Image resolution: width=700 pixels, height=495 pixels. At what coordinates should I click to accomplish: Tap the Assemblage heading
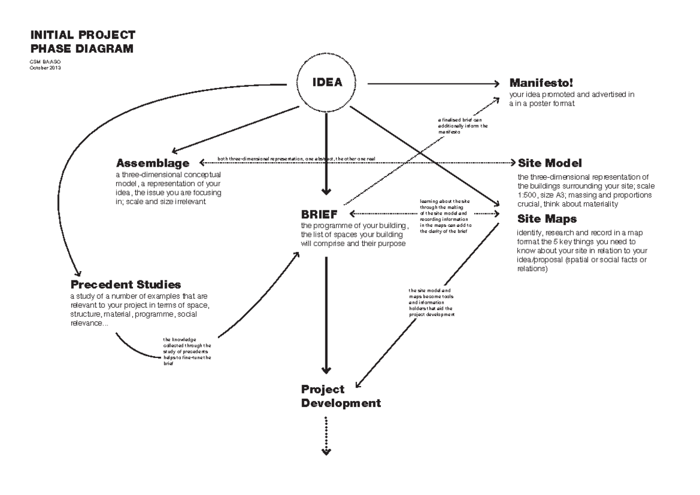click(153, 163)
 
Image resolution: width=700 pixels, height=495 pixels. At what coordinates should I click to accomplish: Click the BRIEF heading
click(319, 215)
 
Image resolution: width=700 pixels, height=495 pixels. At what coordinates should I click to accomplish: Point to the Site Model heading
click(549, 163)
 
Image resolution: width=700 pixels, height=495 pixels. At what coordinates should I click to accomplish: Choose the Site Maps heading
click(547, 219)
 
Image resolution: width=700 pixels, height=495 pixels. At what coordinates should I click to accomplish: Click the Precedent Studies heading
click(125, 285)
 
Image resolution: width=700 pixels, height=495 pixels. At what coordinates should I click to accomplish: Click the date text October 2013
click(45, 68)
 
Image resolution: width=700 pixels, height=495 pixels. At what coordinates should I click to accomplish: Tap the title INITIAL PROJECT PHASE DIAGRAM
click(82, 41)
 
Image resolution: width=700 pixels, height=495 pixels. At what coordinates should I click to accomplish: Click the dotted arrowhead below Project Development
click(327, 451)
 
